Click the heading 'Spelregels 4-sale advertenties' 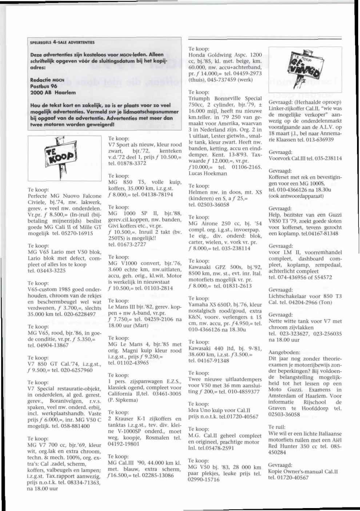pos(62,42)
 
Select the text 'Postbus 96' pos(44,87)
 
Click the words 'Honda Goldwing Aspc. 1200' pos(225,55)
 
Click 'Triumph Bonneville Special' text pos(225,99)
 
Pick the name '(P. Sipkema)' pos(123,400)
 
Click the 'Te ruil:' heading pos(277,427)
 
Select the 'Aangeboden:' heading pos(284,352)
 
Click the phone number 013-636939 pos(326,140)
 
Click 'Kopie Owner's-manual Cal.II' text pos(303,471)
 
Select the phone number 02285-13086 pos(157,475)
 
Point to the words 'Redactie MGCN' pos(47,80)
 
